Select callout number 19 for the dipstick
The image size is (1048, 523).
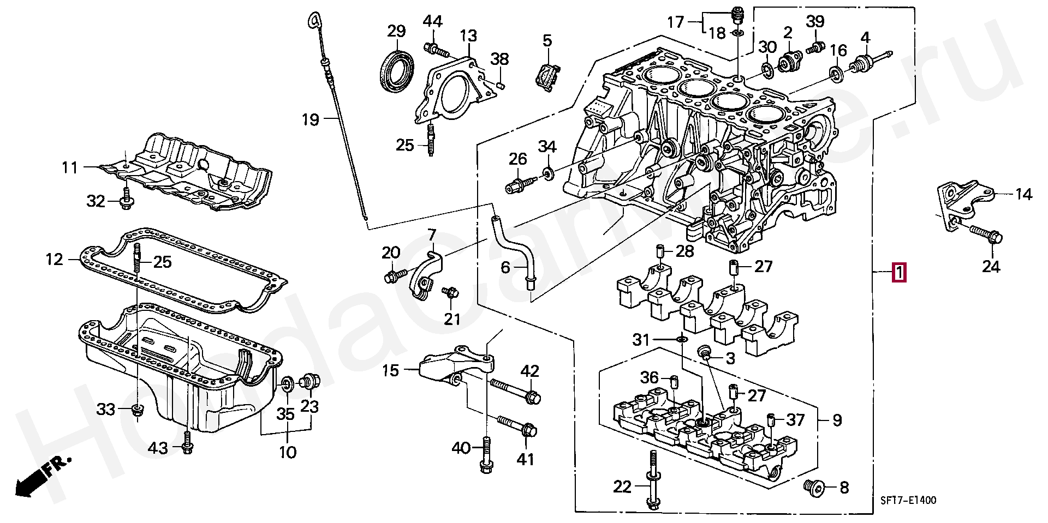click(311, 119)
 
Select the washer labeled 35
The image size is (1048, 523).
click(287, 384)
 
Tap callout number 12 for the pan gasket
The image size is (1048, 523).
click(55, 259)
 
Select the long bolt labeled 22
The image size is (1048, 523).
click(652, 480)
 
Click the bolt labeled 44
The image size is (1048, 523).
click(436, 50)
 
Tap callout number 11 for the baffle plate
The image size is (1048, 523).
click(70, 167)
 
